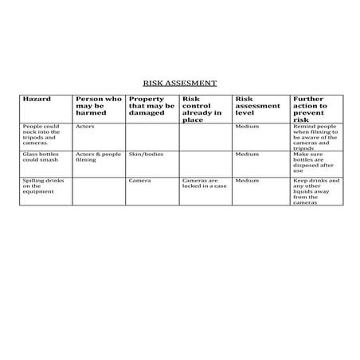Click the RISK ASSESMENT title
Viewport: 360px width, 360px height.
pyautogui.click(x=179, y=83)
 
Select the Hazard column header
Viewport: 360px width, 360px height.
pyautogui.click(x=37, y=99)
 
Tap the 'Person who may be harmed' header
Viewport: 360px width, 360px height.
pyautogui.click(x=98, y=106)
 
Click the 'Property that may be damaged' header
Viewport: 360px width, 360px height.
pyautogui.click(x=151, y=106)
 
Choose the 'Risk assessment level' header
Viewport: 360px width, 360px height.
pyautogui.click(x=257, y=106)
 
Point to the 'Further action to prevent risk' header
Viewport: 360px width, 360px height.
pyautogui.click(x=310, y=109)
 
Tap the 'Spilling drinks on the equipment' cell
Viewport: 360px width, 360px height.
pyautogui.click(x=41, y=186)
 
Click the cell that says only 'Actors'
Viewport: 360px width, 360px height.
pyautogui.click(x=85, y=126)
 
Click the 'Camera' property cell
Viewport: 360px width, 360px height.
pyautogui.click(x=139, y=181)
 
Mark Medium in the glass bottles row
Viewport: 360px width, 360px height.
pyautogui.click(x=248, y=154)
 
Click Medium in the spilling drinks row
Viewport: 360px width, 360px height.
pyautogui.click(x=248, y=181)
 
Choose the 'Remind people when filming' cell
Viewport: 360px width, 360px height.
pyautogui.click(x=315, y=136)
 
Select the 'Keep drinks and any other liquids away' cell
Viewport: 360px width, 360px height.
pyautogui.click(x=315, y=192)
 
